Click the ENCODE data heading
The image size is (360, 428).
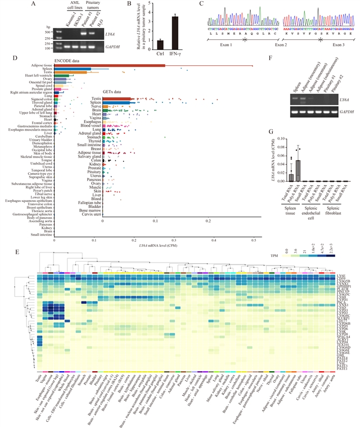coord(70,60)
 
